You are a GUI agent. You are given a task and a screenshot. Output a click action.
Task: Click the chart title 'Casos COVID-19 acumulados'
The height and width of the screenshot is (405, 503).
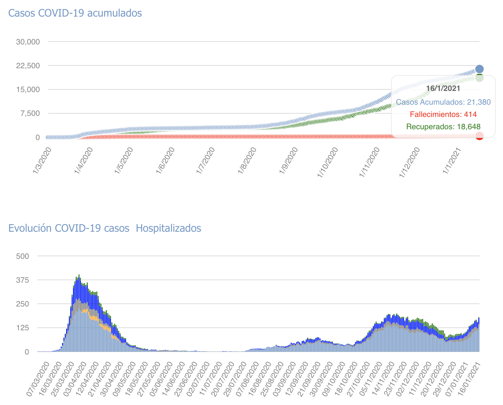[x=75, y=13]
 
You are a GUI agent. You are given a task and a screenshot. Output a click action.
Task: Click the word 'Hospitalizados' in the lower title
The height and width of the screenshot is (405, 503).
[x=168, y=228]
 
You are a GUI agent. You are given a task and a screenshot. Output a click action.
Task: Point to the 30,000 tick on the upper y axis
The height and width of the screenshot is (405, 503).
[x=28, y=42]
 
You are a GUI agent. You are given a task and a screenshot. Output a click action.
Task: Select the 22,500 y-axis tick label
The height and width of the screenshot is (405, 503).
[x=28, y=65]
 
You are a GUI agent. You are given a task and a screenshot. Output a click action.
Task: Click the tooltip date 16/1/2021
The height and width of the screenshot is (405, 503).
[x=443, y=88]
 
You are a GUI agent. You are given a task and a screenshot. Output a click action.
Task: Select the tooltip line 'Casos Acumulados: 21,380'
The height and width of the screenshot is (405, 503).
[x=443, y=102]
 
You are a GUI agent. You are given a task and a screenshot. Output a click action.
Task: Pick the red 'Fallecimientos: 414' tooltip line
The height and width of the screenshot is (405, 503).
[x=443, y=114]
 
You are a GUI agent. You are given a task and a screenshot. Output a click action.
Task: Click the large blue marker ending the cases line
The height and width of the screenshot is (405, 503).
[x=480, y=69]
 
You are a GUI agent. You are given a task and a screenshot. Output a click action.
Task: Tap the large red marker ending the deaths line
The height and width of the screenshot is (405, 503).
[x=480, y=136]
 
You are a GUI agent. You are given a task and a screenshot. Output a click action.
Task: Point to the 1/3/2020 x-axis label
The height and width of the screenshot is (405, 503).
[x=42, y=160]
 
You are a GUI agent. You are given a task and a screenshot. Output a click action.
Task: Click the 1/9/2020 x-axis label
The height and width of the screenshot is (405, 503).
[x=289, y=160]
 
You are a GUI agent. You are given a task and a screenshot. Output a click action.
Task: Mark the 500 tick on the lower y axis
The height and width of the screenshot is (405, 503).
[x=23, y=256]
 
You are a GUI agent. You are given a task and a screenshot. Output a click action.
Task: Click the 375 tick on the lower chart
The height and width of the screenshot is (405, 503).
[x=23, y=280]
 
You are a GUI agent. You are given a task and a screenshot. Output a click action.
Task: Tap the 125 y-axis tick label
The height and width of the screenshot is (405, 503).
[x=23, y=328]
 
